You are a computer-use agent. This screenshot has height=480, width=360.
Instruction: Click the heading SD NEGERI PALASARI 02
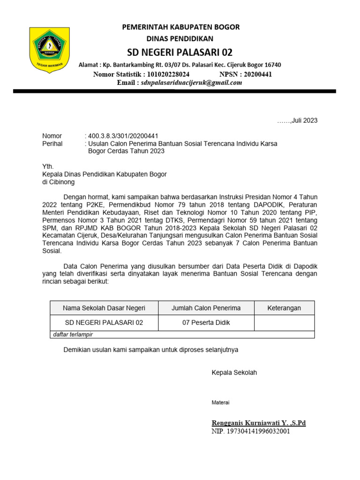click(180, 52)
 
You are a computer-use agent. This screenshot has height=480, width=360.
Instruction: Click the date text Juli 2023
click(304, 120)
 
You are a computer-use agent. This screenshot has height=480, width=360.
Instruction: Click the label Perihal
click(52, 144)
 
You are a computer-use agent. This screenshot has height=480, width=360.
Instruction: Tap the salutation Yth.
click(48, 166)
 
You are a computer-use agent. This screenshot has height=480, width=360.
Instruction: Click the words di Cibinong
click(58, 182)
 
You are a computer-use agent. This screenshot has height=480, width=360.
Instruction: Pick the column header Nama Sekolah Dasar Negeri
click(104, 308)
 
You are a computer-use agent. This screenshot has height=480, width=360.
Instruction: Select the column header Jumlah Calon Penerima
click(206, 308)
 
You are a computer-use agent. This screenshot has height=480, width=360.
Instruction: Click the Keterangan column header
click(284, 308)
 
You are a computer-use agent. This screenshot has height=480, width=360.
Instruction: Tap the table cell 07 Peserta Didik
click(206, 323)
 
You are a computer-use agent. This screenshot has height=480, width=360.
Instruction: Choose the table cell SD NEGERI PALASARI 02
click(104, 323)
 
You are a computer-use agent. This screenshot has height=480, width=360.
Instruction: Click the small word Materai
click(220, 403)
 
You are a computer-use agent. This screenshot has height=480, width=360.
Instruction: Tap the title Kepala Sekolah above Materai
click(234, 373)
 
